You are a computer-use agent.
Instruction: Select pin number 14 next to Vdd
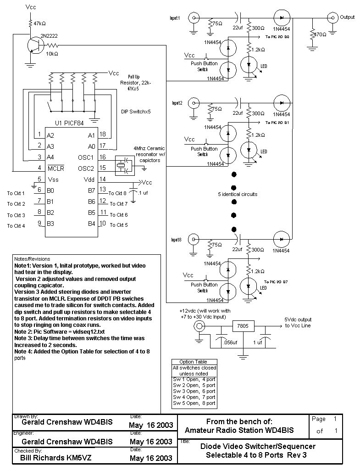[x=103, y=179]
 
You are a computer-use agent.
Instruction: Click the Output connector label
[x=347, y=17]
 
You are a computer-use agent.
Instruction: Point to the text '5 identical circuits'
[x=238, y=194]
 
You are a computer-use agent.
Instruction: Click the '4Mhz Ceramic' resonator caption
[x=150, y=148]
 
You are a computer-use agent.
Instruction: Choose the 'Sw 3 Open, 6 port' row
[x=194, y=391]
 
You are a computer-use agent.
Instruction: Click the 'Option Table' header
[x=194, y=362]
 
